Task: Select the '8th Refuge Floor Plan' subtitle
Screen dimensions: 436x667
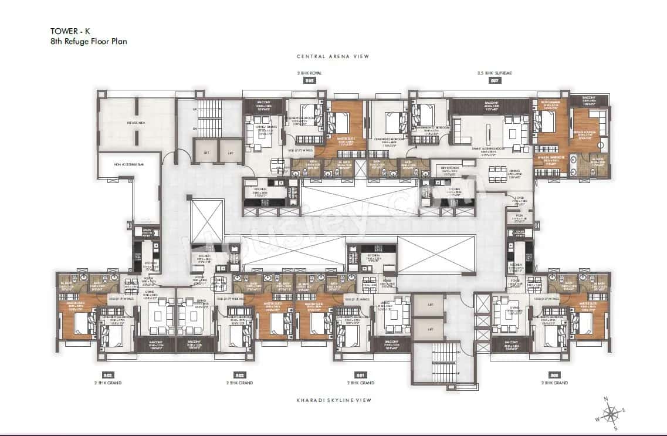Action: tap(89, 42)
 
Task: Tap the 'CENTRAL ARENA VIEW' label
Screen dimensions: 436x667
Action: tap(333, 57)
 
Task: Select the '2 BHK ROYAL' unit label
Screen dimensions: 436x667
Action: tap(309, 73)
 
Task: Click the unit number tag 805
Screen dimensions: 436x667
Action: tap(309, 82)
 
